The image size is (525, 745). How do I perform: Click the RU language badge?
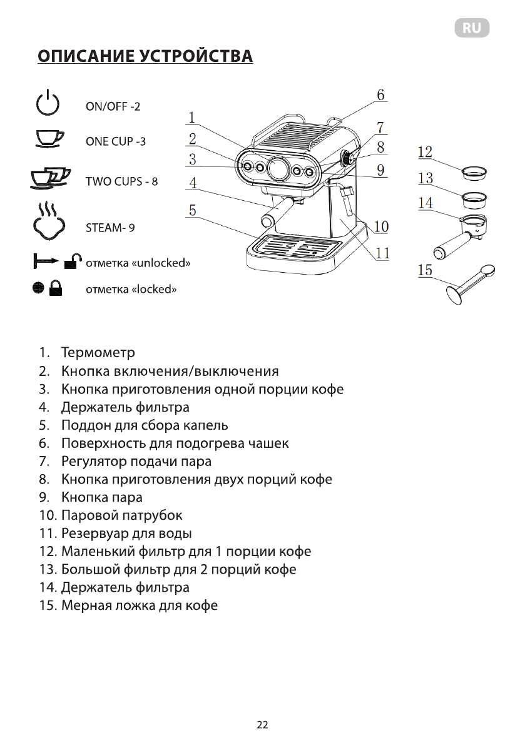pyautogui.click(x=471, y=28)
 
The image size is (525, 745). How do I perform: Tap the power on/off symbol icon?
pyautogui.click(x=48, y=103)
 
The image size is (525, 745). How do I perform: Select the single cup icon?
pyautogui.click(x=48, y=138)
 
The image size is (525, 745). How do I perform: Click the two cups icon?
pyautogui.click(x=49, y=178)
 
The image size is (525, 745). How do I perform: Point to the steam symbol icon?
pyautogui.click(x=48, y=220)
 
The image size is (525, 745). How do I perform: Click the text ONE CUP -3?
pyautogui.click(x=115, y=141)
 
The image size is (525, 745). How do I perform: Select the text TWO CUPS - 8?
pyautogui.click(x=121, y=182)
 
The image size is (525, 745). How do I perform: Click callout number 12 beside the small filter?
pyautogui.click(x=426, y=152)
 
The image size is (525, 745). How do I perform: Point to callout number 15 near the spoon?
pyautogui.click(x=426, y=270)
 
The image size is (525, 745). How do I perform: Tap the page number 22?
pyautogui.click(x=262, y=725)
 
